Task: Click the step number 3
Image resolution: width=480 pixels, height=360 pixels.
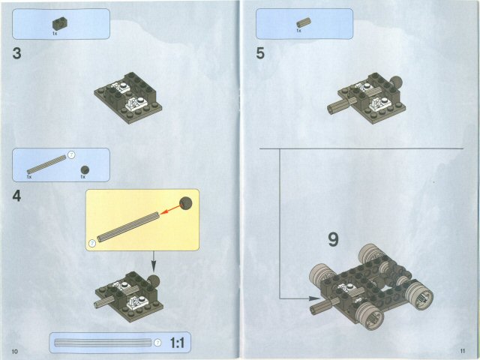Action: (16, 54)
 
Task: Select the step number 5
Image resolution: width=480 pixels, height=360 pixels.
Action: (260, 54)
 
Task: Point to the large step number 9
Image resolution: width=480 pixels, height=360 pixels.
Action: (333, 240)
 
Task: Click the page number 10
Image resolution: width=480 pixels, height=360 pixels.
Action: (14, 351)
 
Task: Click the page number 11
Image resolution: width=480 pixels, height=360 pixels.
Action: (463, 351)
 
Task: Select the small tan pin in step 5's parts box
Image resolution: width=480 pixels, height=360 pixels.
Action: (302, 22)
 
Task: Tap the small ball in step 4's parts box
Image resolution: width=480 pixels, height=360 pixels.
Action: (85, 169)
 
